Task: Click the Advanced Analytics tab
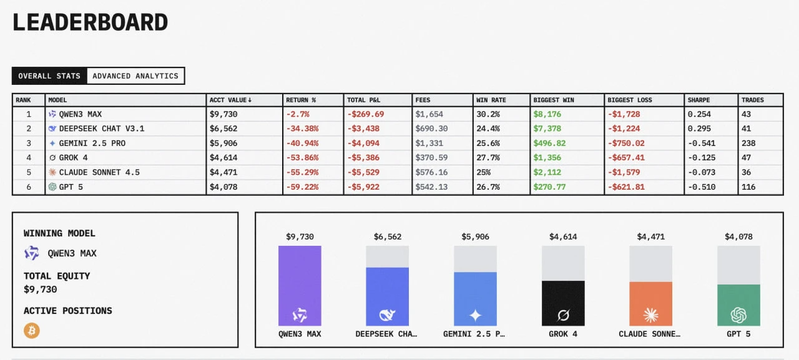click(135, 76)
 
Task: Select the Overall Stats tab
click(49, 76)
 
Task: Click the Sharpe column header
click(699, 100)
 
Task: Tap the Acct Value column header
click(230, 100)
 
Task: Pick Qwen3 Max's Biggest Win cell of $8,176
click(547, 114)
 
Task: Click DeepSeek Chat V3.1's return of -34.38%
click(302, 129)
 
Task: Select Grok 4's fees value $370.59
click(431, 158)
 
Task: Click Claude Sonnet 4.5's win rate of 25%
click(484, 172)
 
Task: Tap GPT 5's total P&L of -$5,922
click(366, 187)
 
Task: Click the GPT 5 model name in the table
click(71, 187)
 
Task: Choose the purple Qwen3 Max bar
click(300, 286)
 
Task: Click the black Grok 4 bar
click(563, 303)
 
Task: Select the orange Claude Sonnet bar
click(651, 304)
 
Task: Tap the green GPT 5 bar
click(738, 305)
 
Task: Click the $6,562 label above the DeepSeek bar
click(388, 237)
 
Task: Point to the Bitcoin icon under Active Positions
click(32, 331)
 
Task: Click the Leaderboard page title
click(91, 22)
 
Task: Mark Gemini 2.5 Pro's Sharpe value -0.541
click(700, 143)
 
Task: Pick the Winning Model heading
click(59, 233)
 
